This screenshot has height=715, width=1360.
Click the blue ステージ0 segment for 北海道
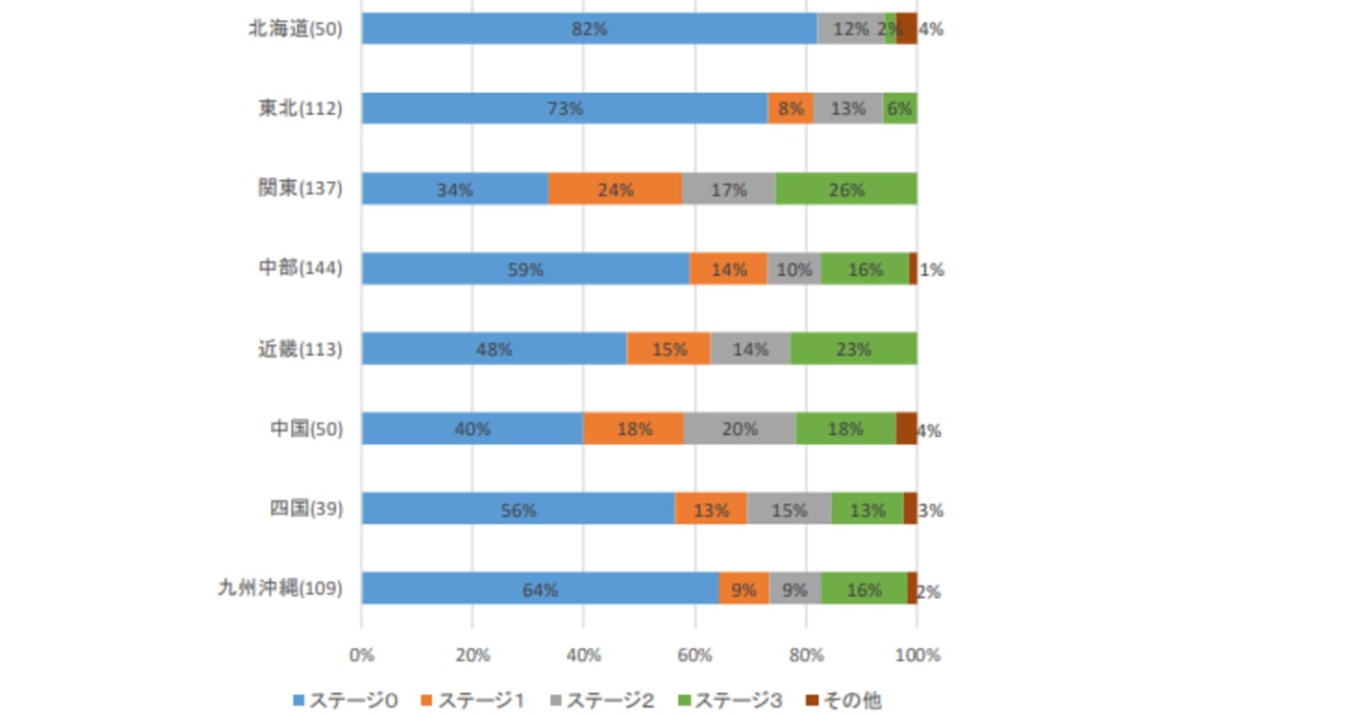click(x=589, y=29)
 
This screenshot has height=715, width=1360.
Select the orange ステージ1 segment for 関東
click(x=615, y=189)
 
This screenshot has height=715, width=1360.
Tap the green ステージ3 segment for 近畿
click(x=853, y=349)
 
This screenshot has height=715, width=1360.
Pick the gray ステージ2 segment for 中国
click(x=739, y=428)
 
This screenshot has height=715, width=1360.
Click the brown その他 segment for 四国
click(x=910, y=509)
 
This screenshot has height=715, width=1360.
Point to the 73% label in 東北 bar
click(x=564, y=109)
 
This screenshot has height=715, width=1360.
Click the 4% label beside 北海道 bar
click(x=931, y=29)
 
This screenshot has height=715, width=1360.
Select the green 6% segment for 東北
click(x=899, y=109)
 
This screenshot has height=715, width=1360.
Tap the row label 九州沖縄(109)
click(x=280, y=588)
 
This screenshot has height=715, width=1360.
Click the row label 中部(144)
click(x=300, y=268)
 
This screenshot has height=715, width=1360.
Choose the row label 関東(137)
click(x=300, y=189)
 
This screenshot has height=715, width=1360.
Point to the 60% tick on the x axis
click(x=695, y=656)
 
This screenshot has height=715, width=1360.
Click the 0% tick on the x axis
click(x=362, y=656)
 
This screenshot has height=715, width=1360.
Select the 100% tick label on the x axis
click(x=918, y=656)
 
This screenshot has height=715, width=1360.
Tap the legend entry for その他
click(x=843, y=701)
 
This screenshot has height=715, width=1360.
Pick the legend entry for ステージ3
click(x=728, y=701)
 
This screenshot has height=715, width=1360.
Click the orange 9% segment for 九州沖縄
click(x=743, y=589)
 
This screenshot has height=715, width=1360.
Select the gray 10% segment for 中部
click(x=794, y=269)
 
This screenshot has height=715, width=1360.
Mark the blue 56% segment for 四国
click(x=518, y=509)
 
